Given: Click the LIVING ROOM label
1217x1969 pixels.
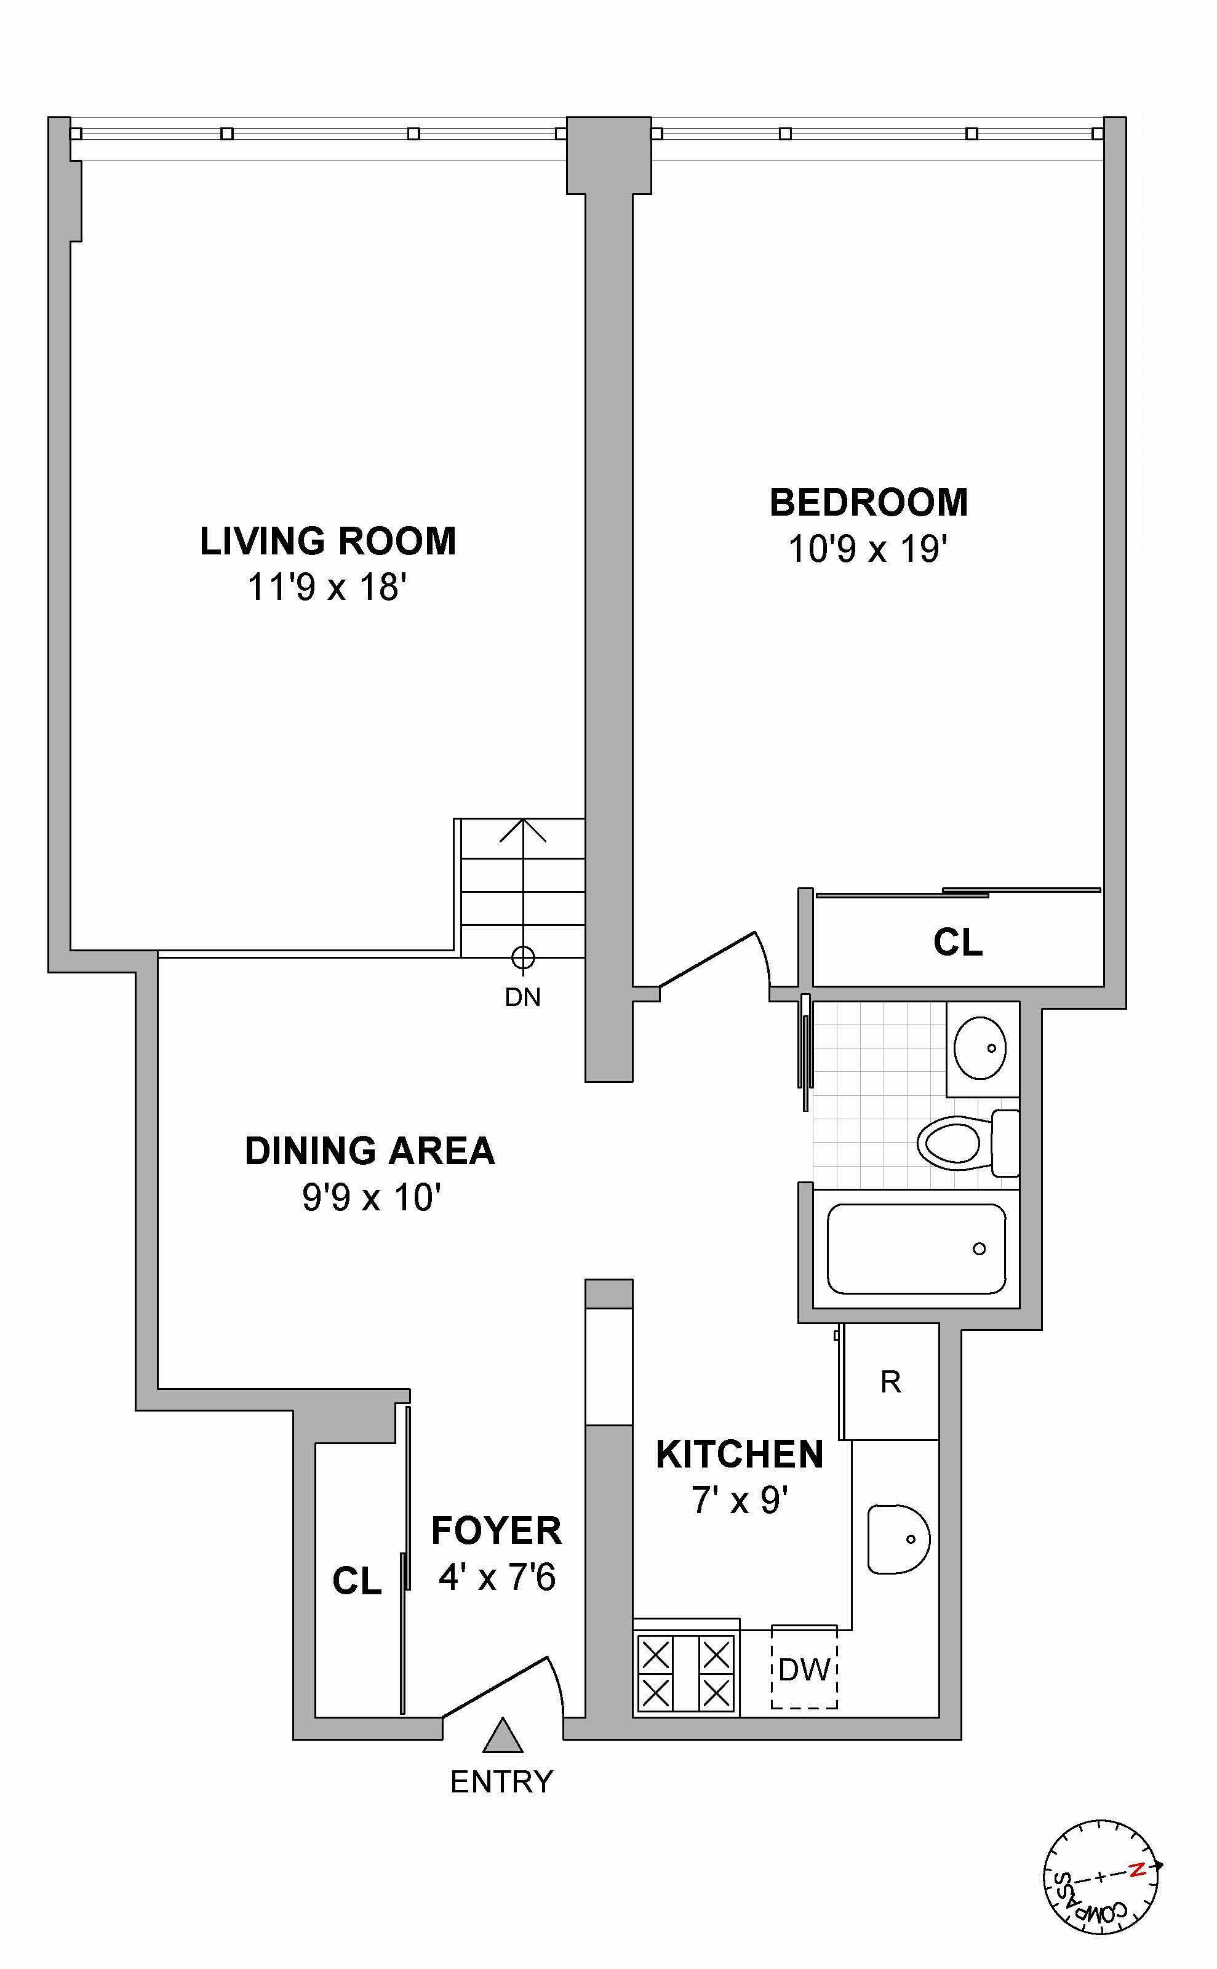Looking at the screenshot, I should [327, 541].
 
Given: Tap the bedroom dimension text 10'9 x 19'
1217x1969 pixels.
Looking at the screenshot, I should [867, 550].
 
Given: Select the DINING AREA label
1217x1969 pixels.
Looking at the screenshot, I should [369, 1151].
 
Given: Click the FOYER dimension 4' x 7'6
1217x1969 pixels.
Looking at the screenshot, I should [497, 1577].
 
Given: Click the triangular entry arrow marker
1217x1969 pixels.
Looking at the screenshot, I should [502, 1736].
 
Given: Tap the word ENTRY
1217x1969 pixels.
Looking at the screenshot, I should [501, 1782].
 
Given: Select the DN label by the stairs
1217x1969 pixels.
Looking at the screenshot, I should [522, 998].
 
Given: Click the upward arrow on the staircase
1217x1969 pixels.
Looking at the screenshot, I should [523, 837].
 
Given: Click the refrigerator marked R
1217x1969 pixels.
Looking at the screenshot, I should [890, 1382].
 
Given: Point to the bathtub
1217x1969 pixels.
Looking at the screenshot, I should [916, 1248].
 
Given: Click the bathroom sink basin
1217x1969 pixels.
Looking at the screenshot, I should [980, 1047].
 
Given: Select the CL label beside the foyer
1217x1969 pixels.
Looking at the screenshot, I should [357, 1581].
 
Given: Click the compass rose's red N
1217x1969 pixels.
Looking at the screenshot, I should [1136, 1870].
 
